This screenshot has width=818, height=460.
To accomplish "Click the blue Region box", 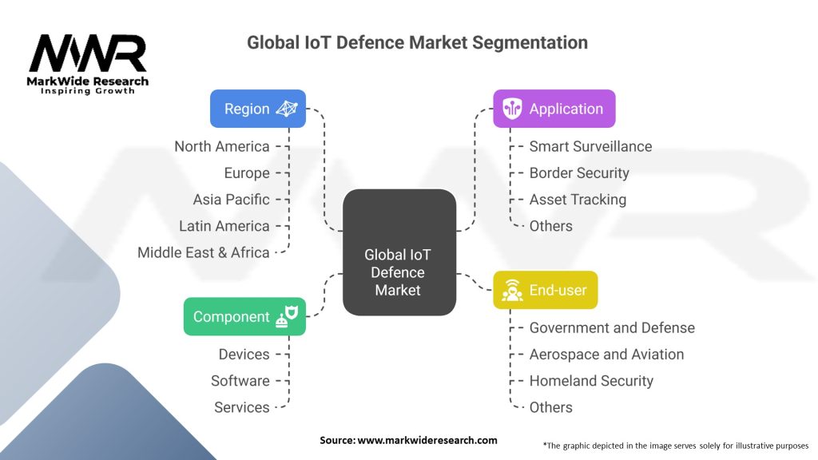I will click(x=257, y=109).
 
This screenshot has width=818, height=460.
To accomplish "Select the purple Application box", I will click(x=554, y=109).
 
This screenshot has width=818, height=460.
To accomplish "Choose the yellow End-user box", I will click(x=545, y=290).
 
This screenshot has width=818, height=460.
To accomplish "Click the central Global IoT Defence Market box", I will click(x=398, y=272).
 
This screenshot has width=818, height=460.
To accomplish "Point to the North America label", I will click(x=222, y=146).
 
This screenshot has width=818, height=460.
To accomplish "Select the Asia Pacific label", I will click(x=231, y=199).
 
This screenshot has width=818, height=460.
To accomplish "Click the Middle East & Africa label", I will click(x=204, y=252).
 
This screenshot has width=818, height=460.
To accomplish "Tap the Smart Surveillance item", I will click(x=590, y=146).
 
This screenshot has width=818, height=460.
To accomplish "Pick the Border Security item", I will click(x=579, y=172).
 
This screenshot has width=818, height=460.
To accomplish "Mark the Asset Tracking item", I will click(x=578, y=199).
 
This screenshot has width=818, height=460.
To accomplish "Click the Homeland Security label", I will click(x=591, y=381).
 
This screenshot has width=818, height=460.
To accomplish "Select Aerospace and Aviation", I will click(x=606, y=354).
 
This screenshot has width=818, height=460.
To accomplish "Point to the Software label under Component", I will click(x=240, y=381).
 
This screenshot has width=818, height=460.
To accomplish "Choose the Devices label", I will click(x=244, y=354).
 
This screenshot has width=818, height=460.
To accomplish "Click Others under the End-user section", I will click(x=550, y=407).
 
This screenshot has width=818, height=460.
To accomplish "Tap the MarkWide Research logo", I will click(x=88, y=64).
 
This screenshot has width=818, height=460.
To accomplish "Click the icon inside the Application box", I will click(x=512, y=109).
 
